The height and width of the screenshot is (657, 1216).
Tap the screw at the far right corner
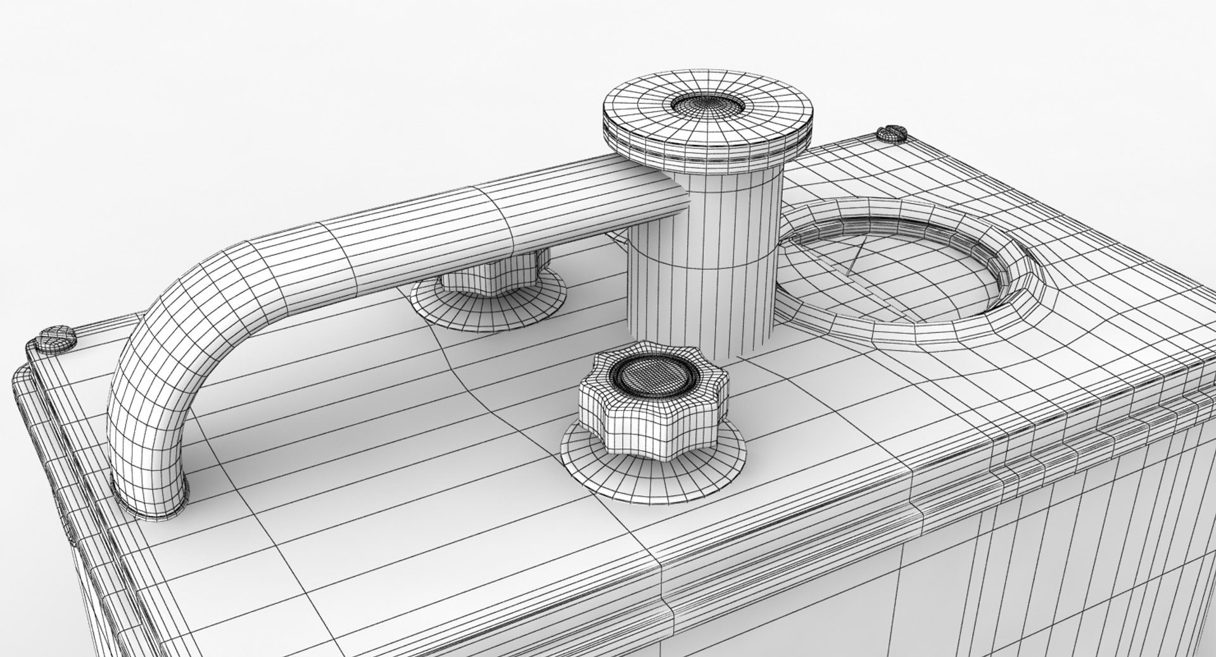pyautogui.click(x=892, y=134)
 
